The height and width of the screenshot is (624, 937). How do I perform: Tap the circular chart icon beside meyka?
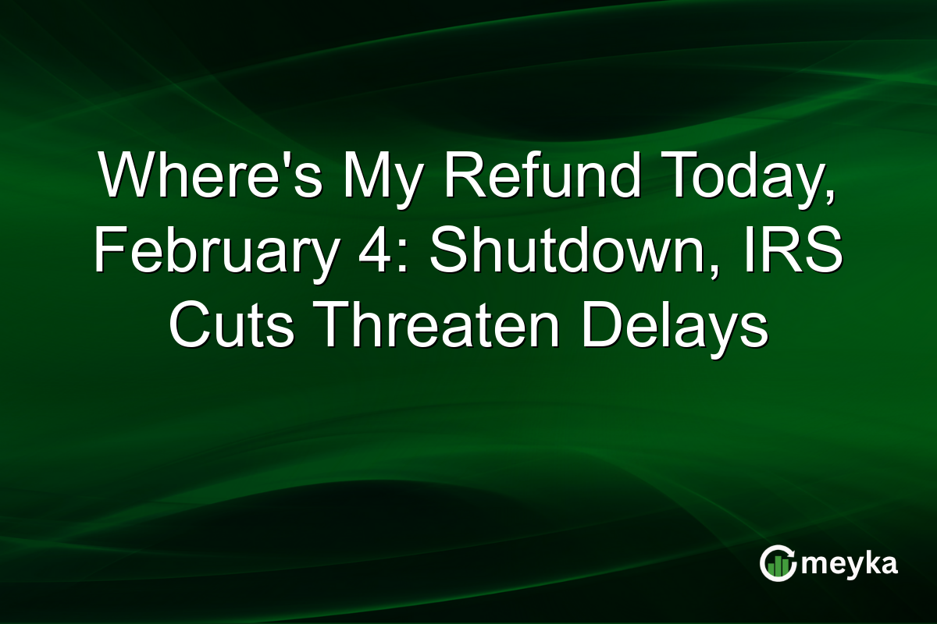[x=776, y=564]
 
